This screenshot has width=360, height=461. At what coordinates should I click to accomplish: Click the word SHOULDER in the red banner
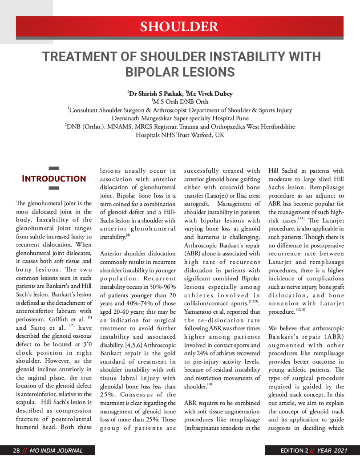(179, 27)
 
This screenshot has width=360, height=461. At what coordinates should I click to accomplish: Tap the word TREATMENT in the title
(82, 57)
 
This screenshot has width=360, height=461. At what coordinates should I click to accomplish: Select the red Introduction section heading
(54, 179)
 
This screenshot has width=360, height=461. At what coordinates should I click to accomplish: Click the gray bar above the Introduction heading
(54, 169)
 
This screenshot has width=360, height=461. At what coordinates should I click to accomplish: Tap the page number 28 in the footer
(16, 451)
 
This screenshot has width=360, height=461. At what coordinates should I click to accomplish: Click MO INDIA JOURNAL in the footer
(56, 451)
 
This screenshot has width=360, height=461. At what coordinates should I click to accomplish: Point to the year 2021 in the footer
(338, 451)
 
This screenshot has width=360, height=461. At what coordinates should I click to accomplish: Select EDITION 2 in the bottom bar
(294, 451)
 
